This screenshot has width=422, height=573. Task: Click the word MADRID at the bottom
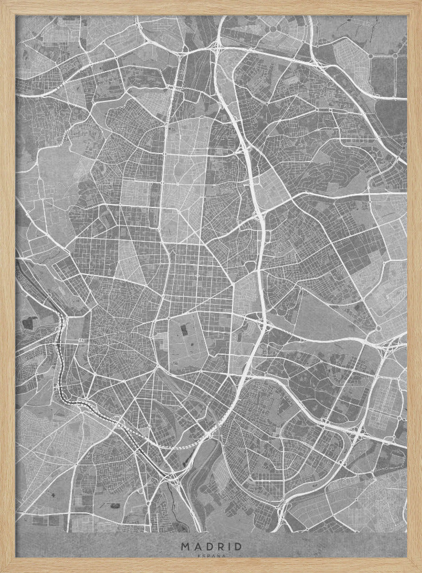(x=211, y=546)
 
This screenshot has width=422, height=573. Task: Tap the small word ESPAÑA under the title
(x=211, y=556)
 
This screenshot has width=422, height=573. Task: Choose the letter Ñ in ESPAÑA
(x=218, y=556)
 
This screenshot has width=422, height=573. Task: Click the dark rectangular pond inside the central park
(x=185, y=331)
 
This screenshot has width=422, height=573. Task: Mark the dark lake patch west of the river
(x=27, y=324)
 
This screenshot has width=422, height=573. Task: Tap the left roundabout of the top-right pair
(x=370, y=56)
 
